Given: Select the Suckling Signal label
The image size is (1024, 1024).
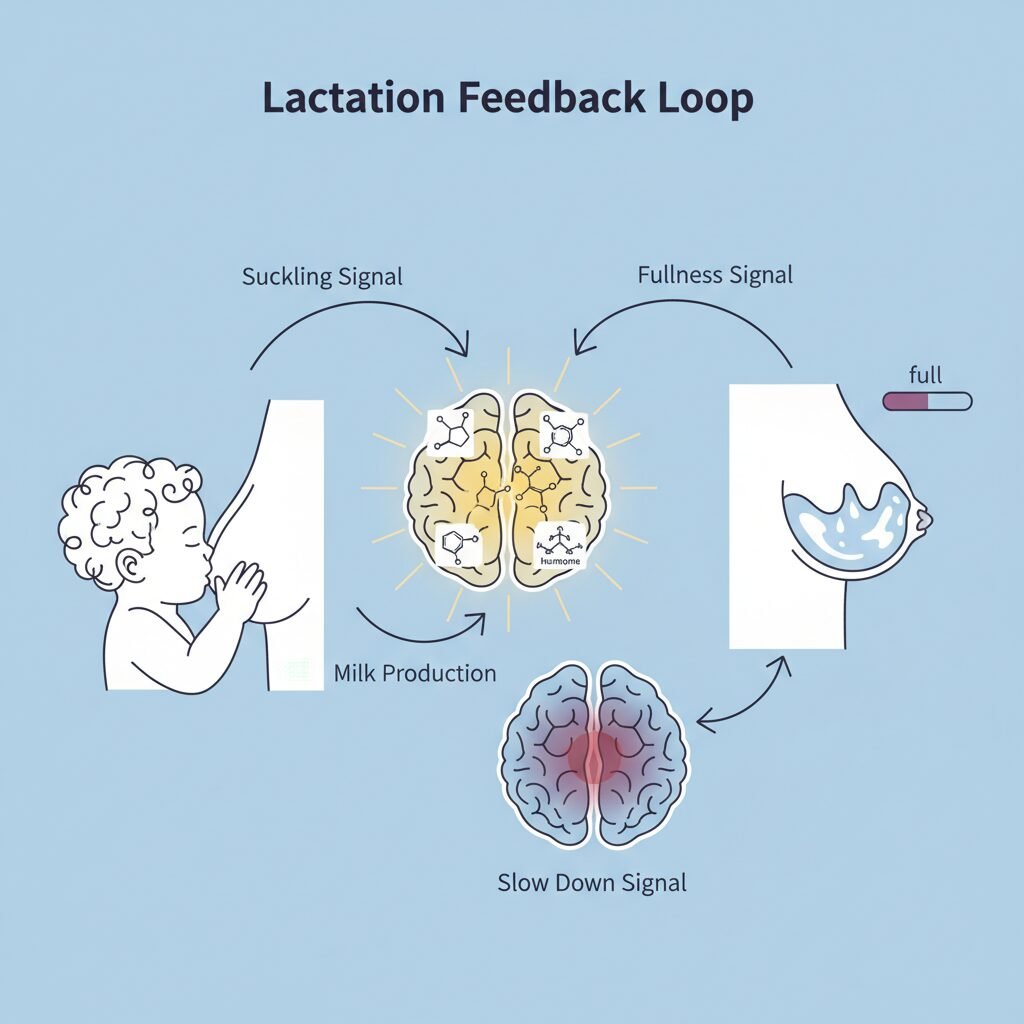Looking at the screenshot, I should point(322,276).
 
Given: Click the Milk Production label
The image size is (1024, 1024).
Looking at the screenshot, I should point(415,673).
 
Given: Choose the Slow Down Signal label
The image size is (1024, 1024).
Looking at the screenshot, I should point(592,883).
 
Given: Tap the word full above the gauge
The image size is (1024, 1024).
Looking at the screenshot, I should point(925,376).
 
